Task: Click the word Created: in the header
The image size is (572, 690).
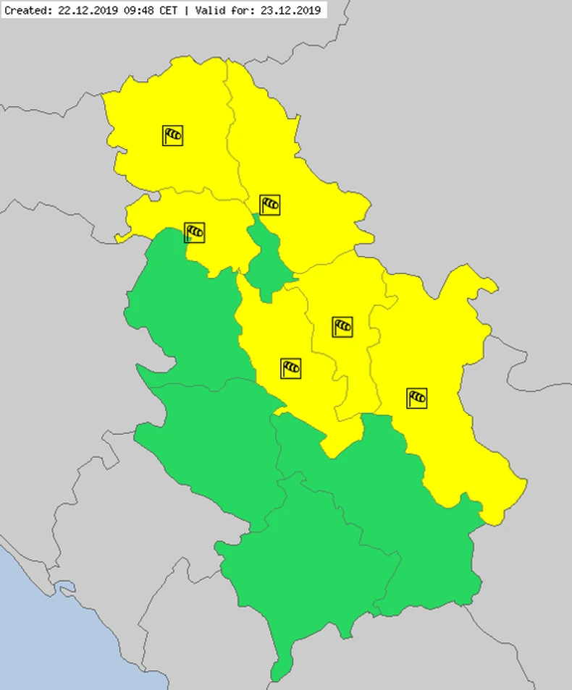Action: (28, 10)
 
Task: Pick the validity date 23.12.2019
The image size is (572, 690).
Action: (290, 10)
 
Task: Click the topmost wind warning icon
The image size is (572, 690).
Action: (172, 135)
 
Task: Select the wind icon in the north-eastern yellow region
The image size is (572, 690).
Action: (270, 205)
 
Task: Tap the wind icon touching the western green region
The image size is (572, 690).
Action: (195, 232)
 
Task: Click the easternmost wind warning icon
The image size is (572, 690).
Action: (416, 398)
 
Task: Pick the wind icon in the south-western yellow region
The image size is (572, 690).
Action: (291, 368)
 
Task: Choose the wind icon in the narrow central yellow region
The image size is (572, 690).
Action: (342, 327)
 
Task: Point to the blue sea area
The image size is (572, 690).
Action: (65, 636)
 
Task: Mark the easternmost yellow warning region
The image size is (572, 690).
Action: (442, 376)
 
